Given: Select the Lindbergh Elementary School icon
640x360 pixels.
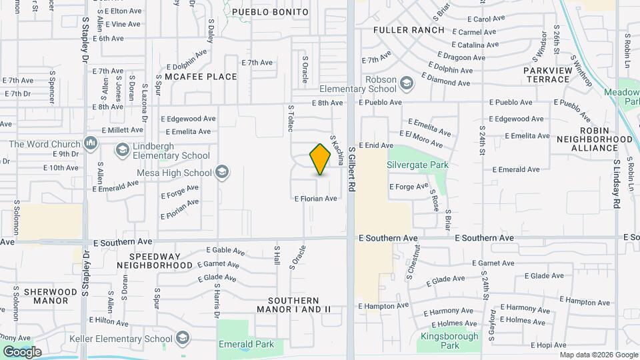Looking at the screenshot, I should click(122, 150).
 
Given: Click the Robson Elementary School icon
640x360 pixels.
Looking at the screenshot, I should click(407, 83).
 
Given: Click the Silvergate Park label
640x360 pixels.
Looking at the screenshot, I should click(418, 165).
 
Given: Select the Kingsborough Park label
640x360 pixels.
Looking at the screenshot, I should click(450, 341).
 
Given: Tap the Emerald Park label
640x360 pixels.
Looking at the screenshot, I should click(246, 345).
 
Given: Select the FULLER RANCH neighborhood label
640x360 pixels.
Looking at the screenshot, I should click(409, 30).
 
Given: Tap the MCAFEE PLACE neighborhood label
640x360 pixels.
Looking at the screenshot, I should click(201, 77).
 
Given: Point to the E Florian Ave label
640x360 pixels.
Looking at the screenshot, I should click(315, 199).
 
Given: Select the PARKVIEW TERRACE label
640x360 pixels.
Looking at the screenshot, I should click(546, 74).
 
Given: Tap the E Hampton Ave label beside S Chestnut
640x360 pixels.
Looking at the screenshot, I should click(383, 306).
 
